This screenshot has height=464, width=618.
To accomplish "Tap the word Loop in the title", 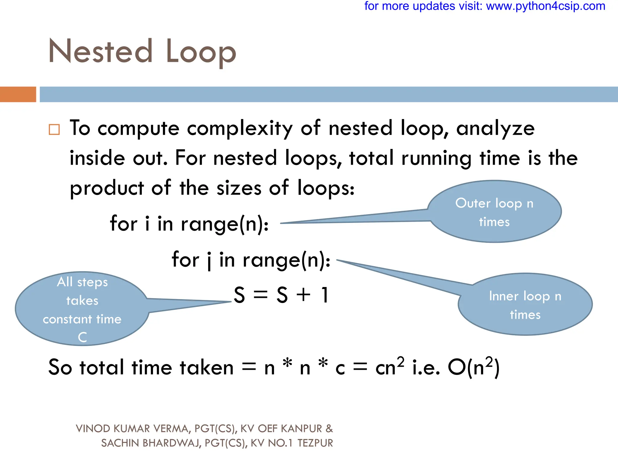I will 201,52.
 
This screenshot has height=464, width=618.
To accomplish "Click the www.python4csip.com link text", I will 546,6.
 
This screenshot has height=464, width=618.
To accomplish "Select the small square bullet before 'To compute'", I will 54,129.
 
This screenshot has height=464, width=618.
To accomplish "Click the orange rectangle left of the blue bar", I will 18,94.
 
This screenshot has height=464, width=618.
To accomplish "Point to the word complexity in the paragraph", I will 240,129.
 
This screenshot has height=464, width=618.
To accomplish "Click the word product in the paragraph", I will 107,188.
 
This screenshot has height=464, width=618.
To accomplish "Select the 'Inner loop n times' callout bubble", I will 525,304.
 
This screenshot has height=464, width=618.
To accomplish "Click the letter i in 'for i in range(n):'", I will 147,224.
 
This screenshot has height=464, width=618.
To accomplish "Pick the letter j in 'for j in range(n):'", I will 209,260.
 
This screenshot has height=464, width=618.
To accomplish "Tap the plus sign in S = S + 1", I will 303,295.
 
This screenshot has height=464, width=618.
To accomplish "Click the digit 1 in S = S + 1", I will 325,295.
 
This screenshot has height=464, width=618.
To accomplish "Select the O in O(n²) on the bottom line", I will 456,368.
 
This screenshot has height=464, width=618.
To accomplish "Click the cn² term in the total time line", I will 389,367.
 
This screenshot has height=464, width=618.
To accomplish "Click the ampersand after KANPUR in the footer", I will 329,429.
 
